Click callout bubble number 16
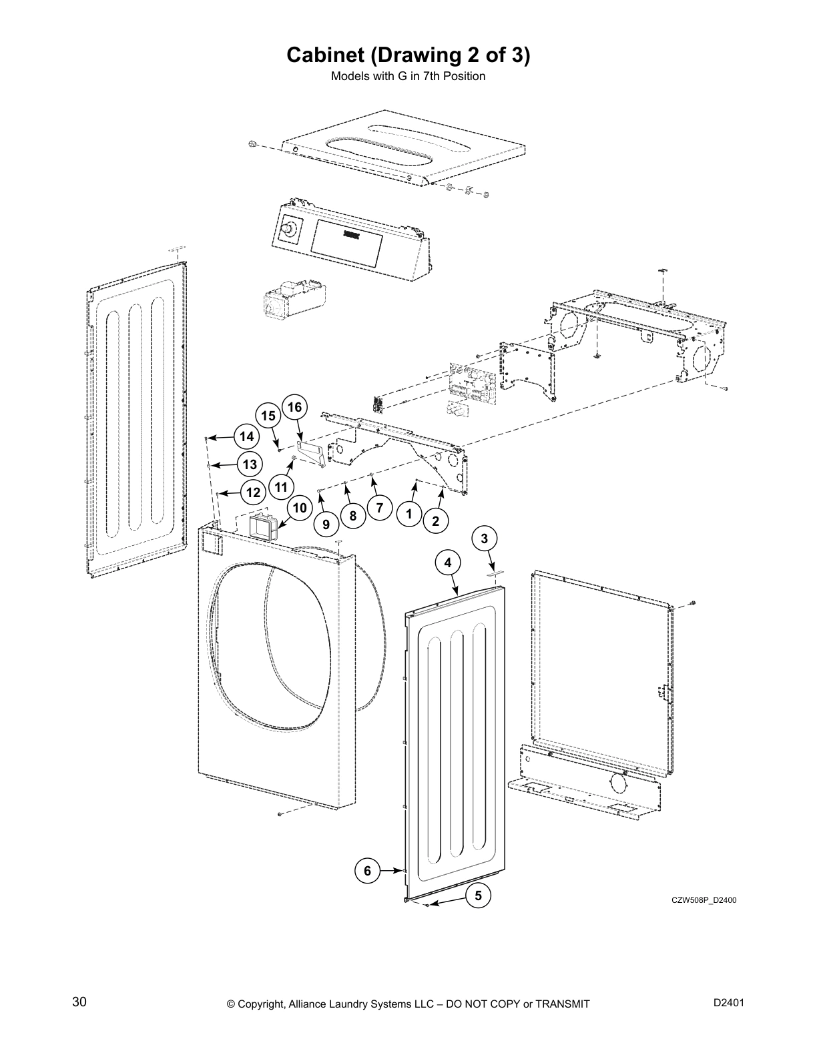click(x=294, y=407)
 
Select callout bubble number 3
click(x=485, y=539)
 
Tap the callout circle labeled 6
click(x=367, y=871)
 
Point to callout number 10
click(x=300, y=508)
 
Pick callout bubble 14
click(x=247, y=436)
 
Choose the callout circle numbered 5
click(x=478, y=896)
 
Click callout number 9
click(x=326, y=524)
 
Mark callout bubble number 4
click(x=448, y=563)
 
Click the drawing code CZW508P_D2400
click(x=704, y=900)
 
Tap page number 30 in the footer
click(x=79, y=1002)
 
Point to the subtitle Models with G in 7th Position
click(x=408, y=76)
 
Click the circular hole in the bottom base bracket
click(x=618, y=781)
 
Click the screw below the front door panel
click(x=281, y=814)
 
